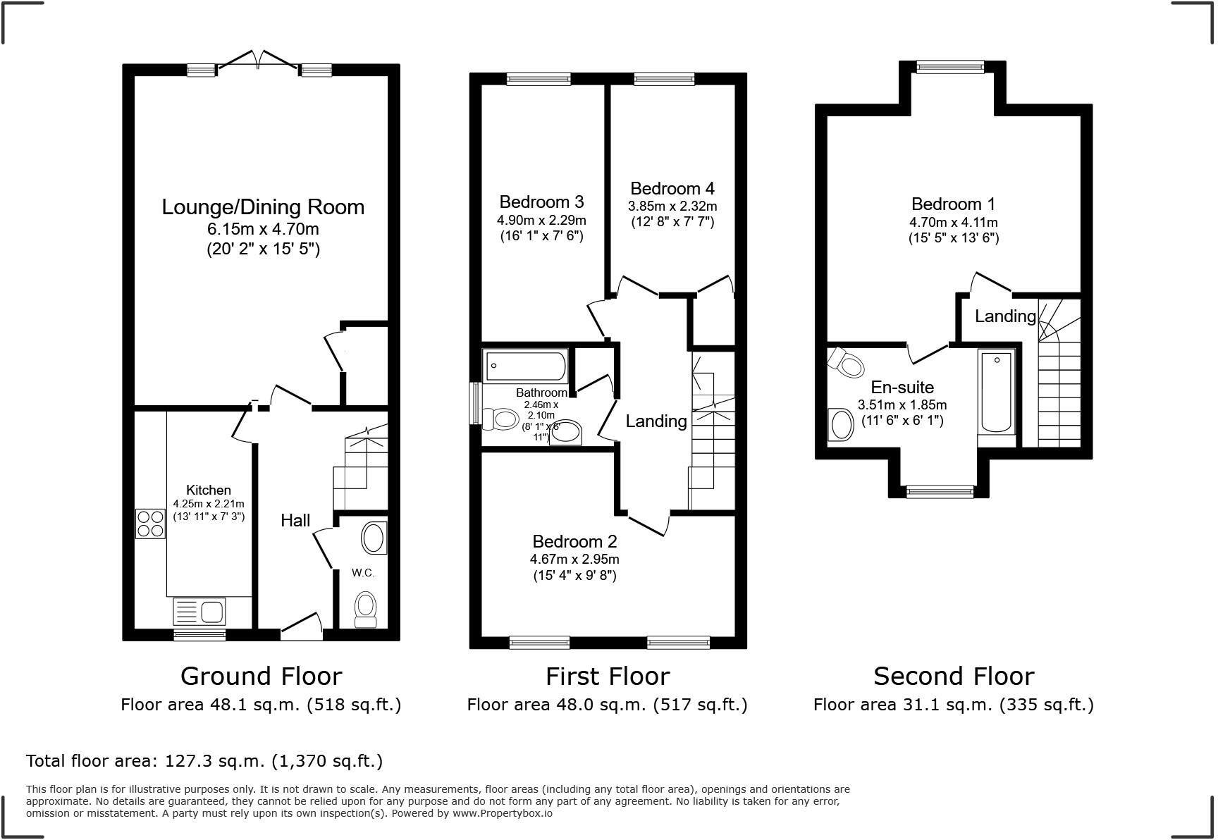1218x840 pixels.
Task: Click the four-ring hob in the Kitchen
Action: (150, 524)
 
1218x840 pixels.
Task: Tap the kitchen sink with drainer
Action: (199, 611)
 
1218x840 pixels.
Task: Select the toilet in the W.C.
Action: (365, 608)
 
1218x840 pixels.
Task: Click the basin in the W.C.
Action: (374, 538)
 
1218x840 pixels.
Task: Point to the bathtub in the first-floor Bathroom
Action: (526, 366)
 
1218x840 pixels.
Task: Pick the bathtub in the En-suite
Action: (997, 392)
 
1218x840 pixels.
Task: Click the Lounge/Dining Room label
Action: (263, 207)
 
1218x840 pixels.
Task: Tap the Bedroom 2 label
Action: (574, 541)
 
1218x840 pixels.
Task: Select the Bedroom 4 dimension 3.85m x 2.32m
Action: (672, 206)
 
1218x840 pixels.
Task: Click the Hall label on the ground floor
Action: (295, 521)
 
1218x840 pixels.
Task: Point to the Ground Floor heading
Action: (261, 677)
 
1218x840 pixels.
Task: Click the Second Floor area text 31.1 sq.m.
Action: (953, 705)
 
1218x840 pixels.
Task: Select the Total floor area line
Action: (204, 761)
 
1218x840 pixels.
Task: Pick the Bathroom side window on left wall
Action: (474, 403)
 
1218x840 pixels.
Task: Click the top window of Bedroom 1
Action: (949, 67)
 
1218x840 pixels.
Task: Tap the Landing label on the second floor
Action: (1005, 316)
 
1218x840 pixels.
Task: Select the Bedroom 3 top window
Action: (539, 79)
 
